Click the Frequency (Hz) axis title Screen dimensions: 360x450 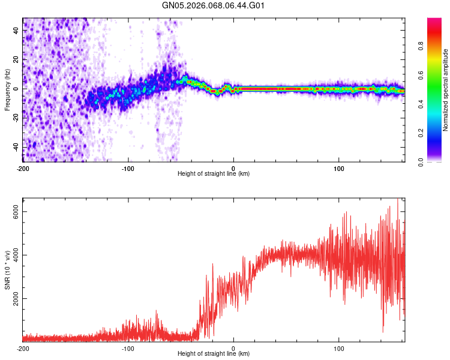7,89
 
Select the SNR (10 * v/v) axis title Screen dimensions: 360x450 7,271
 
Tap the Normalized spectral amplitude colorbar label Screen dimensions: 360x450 446,89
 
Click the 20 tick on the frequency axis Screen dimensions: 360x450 16,59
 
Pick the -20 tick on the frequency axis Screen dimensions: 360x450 16,118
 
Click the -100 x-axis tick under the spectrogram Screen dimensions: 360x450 128,169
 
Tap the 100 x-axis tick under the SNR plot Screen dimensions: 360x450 339,349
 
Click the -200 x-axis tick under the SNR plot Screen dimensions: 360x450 23,349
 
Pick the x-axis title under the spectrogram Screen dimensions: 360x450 214,174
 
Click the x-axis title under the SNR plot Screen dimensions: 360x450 214,354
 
